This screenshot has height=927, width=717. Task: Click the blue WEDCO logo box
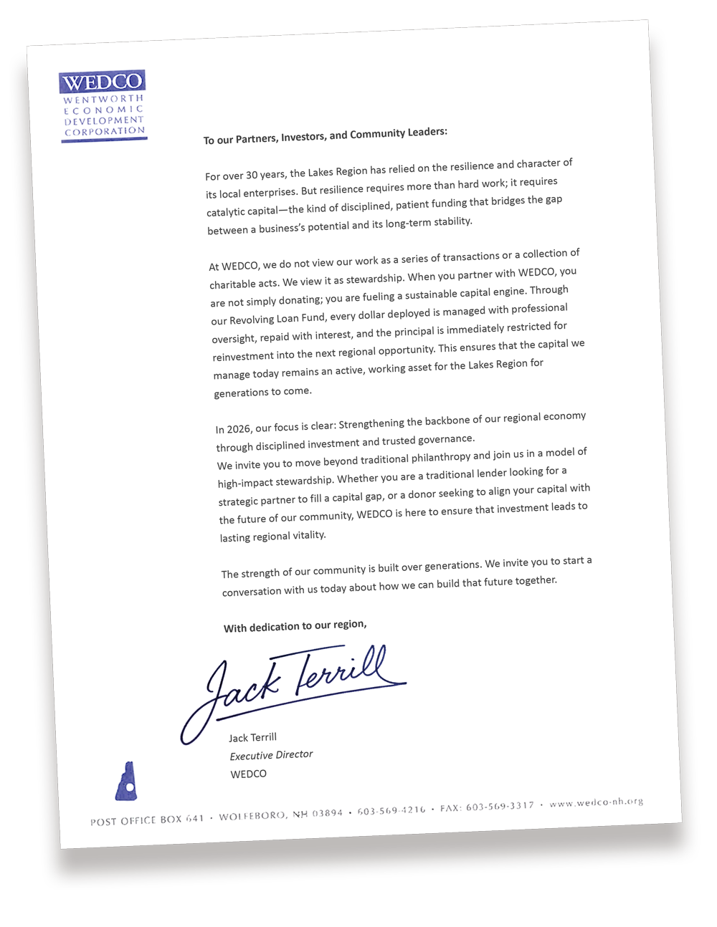[102, 82]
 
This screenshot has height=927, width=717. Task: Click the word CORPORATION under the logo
[105, 131]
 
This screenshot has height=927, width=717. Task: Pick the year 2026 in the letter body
[239, 429]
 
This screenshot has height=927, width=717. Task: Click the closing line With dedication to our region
[295, 626]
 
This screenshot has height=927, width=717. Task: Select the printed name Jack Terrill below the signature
[252, 737]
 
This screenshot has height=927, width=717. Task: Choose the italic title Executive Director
[271, 755]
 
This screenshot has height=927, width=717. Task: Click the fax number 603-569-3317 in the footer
[500, 807]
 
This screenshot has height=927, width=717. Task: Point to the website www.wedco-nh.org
[596, 803]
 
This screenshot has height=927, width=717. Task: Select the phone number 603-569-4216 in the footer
[391, 810]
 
